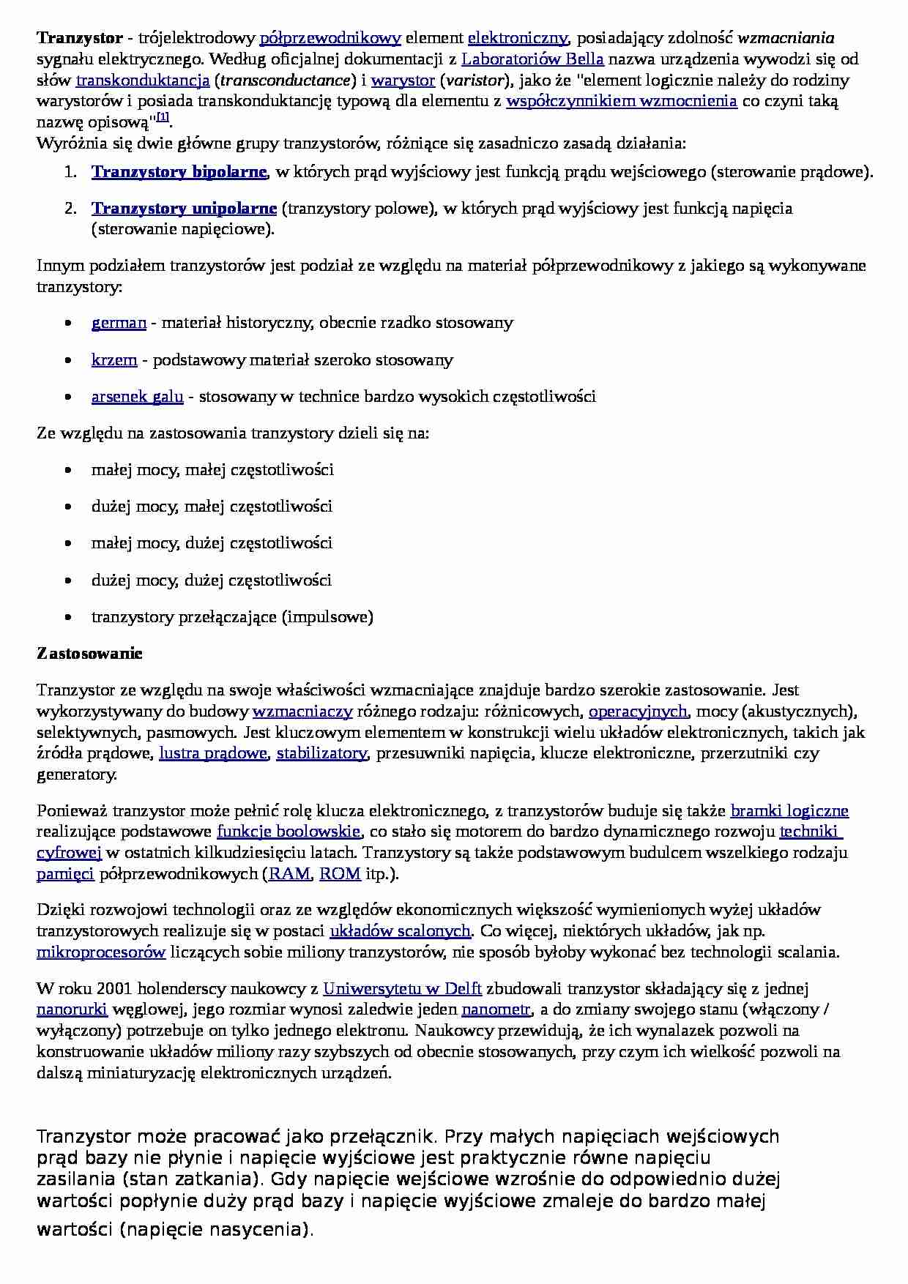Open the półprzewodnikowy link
(330, 38)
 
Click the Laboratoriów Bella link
(532, 59)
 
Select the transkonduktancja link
(143, 81)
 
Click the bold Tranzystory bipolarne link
(179, 173)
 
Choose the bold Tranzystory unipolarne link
(184, 209)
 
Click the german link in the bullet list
(119, 323)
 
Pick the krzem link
(114, 360)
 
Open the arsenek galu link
(137, 397)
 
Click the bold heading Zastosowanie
(89, 654)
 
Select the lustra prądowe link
(213, 753)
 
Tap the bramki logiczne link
(789, 811)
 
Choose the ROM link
(340, 874)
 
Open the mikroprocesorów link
(101, 952)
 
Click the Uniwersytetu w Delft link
(402, 989)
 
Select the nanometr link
(496, 1010)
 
